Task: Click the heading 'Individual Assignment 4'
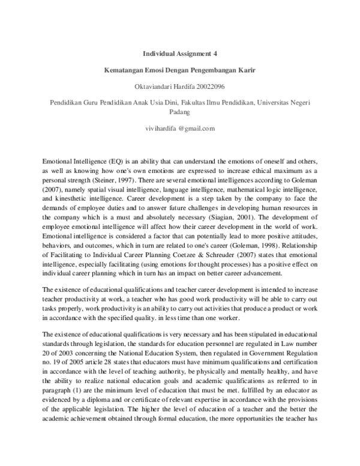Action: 179,53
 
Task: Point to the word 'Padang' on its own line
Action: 179,112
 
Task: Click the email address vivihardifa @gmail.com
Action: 179,129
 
